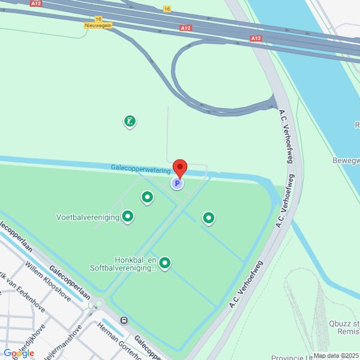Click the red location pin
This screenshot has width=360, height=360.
point(180,168)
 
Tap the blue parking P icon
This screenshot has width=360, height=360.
point(177,184)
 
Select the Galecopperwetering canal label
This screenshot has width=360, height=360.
point(141,170)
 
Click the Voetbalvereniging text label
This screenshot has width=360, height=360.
point(88,217)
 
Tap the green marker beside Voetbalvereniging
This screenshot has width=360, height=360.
point(127,216)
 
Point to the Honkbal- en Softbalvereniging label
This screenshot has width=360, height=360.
point(124,264)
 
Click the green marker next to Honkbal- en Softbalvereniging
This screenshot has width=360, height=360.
point(164,263)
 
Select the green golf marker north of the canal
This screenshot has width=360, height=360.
point(129,122)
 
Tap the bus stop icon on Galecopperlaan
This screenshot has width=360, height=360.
point(124,320)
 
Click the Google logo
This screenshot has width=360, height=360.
point(18,353)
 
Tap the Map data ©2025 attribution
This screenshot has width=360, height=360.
point(335,355)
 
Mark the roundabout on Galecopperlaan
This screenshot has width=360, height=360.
point(96,305)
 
